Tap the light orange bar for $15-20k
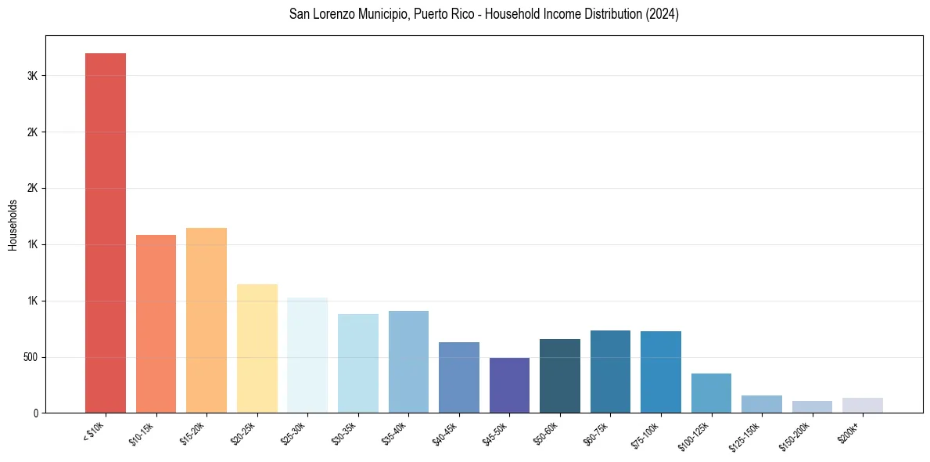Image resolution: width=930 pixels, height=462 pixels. (206, 320)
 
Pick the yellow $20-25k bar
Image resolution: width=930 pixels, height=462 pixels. (257, 348)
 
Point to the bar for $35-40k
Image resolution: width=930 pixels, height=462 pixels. (408, 362)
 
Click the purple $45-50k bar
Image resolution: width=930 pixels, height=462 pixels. (509, 385)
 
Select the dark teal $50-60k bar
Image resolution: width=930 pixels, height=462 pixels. (560, 376)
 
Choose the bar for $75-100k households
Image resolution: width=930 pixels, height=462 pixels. (661, 372)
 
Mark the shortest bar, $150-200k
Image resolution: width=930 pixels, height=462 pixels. (812, 407)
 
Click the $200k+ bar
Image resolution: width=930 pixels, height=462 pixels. (863, 406)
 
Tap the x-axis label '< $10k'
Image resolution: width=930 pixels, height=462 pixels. (95, 431)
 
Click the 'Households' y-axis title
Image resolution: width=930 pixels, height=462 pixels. (13, 225)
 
